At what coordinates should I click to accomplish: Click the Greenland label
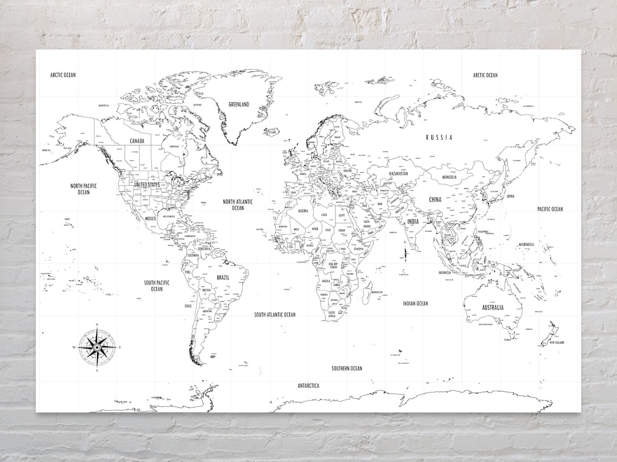coord(239,104)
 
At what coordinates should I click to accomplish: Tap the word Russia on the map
coord(439,137)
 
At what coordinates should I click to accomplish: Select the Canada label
coord(137,140)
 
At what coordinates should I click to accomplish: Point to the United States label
coord(147,185)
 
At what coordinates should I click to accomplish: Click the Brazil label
coord(223,277)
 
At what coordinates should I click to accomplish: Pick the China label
coord(435,200)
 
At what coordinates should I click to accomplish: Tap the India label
coord(412,221)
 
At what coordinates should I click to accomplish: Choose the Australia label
coord(492,307)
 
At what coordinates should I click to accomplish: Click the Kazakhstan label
coord(398,173)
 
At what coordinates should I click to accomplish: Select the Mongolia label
coord(449,177)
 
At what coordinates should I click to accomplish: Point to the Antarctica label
coord(308,386)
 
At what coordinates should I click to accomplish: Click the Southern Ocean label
coord(347,368)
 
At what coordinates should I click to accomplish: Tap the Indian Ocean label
coord(415,303)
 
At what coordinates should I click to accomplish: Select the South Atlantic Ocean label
coord(275,314)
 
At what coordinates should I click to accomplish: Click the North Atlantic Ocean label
coord(238,204)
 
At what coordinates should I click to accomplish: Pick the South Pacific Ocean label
coord(157,285)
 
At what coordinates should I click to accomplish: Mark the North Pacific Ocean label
coord(83,189)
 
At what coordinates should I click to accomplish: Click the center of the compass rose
coord(97,346)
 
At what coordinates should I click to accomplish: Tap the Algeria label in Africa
coord(303,211)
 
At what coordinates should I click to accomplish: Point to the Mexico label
coord(150,218)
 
